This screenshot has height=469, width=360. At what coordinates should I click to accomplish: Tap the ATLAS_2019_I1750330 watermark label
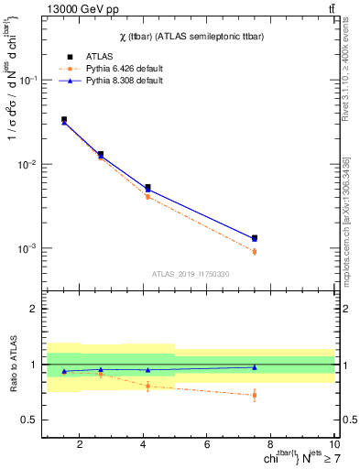tap(190, 274)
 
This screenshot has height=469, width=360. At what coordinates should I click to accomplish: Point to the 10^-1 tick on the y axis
tap(29, 80)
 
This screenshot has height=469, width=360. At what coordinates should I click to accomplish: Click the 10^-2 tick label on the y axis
tap(29, 164)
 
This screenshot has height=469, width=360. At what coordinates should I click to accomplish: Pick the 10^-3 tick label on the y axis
tap(29, 248)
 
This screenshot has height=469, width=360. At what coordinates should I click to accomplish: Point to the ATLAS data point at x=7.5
tap(255, 238)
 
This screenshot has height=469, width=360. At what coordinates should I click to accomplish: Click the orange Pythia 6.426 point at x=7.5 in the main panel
tap(255, 252)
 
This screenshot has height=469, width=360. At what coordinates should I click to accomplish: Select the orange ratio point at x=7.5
tap(255, 396)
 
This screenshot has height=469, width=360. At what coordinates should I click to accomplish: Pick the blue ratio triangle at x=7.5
tap(255, 366)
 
